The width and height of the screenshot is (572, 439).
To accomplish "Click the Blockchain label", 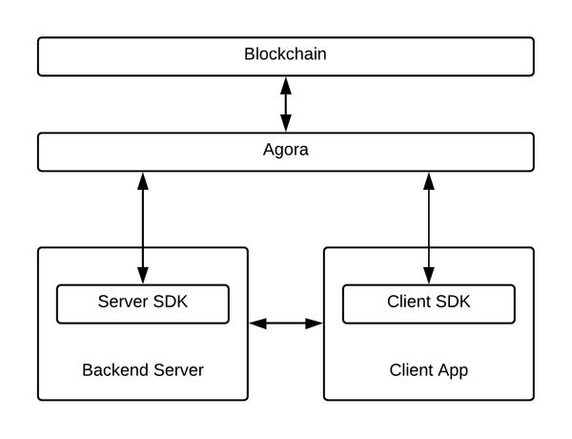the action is pos(285,54).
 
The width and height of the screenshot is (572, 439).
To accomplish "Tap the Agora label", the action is pos(286,150).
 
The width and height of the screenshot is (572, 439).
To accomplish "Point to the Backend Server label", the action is pos(143,370).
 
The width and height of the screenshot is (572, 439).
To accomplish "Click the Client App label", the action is pos(429,370).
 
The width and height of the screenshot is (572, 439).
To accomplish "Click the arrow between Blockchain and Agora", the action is pos(286,104).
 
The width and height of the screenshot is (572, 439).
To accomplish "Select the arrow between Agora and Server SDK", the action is pos(143,228).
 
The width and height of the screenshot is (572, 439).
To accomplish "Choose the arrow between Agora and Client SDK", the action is pos(429,228).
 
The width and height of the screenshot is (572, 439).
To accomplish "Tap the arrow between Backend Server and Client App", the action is pos(286,324).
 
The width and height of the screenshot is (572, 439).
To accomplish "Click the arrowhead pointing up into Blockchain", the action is pos(286,86).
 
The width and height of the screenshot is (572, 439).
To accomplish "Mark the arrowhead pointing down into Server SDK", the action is pos(143,276).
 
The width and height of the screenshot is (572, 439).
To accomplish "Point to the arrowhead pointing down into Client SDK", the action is pos(429,276).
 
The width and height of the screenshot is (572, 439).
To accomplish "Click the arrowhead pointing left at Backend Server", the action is pos(257,324).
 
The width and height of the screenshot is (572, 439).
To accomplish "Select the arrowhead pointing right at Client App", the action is pos(314,324).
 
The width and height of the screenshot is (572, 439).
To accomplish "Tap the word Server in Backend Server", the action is pos(178,370).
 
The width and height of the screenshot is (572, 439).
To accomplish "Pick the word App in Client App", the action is pos(453,371).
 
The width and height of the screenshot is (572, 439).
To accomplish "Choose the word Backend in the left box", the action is pos(115,370).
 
